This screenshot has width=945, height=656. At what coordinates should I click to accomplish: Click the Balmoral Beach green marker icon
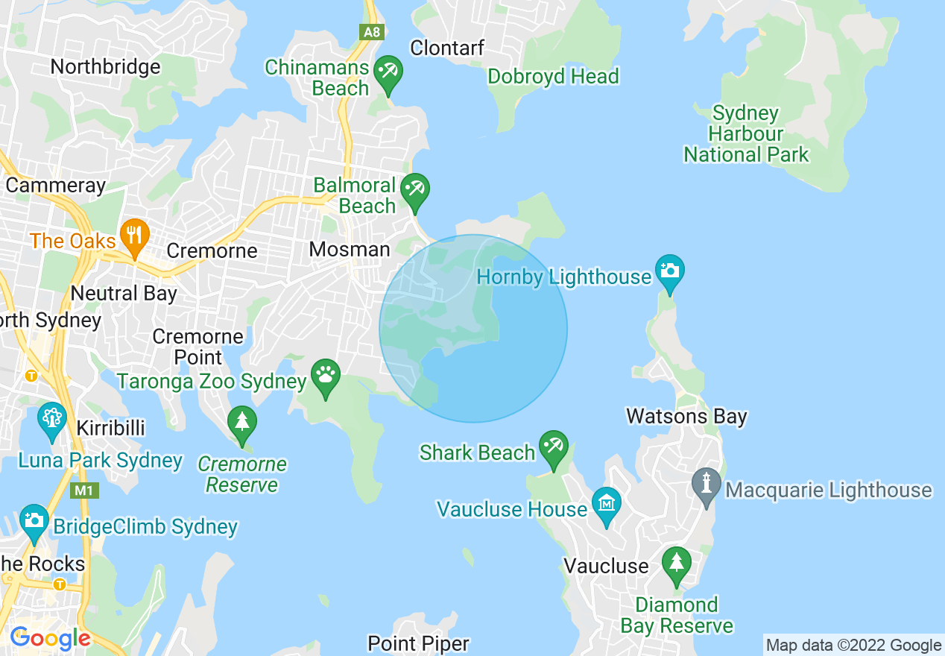[x=414, y=190]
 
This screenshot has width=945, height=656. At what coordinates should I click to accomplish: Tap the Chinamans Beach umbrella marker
[x=388, y=72]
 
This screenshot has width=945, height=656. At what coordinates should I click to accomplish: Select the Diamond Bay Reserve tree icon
[x=676, y=563]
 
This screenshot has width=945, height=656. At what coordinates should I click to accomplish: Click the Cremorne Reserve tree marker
[x=241, y=422]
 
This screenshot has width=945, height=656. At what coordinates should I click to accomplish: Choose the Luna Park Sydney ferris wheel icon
[x=51, y=419]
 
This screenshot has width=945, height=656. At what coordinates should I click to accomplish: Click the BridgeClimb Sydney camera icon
[x=34, y=520]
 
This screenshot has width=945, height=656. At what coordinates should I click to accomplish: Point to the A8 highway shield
[x=370, y=32]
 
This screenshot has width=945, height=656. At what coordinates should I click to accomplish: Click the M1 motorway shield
[x=82, y=491]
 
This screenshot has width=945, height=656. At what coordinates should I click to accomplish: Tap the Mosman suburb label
[x=350, y=250]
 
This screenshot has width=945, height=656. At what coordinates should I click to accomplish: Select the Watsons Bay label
[x=686, y=416]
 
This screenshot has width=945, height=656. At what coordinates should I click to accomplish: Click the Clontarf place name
[x=447, y=48]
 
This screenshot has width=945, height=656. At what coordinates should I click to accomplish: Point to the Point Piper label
[x=418, y=643]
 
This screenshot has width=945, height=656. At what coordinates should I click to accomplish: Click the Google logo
[x=50, y=638]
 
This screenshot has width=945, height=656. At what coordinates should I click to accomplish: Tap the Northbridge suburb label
[x=105, y=67]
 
